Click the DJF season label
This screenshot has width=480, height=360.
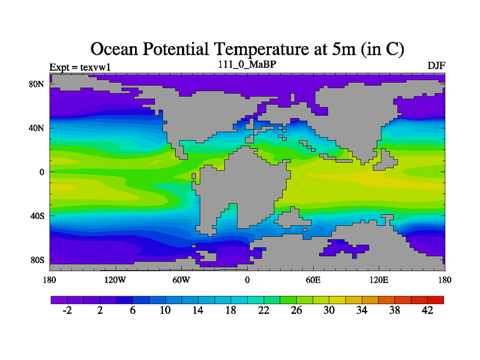[436, 65]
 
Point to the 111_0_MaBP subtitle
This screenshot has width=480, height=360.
[247, 63]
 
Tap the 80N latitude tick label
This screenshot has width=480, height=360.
[37, 84]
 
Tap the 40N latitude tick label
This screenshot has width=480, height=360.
[37, 128]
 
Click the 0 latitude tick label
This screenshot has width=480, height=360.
[42, 172]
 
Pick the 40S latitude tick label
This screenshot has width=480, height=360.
[37, 215]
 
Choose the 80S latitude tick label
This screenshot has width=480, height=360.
[37, 260]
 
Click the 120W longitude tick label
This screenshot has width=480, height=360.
[115, 280]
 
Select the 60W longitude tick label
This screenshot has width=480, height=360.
[181, 280]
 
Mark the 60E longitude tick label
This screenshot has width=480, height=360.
[313, 280]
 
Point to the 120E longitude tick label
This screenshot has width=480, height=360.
[379, 280]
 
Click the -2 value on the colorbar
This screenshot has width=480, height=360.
[67, 310]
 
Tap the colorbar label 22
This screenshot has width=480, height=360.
[263, 310]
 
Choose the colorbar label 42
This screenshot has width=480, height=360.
[427, 310]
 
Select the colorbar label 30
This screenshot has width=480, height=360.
[329, 310]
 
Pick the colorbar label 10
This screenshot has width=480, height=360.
[165, 310]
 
